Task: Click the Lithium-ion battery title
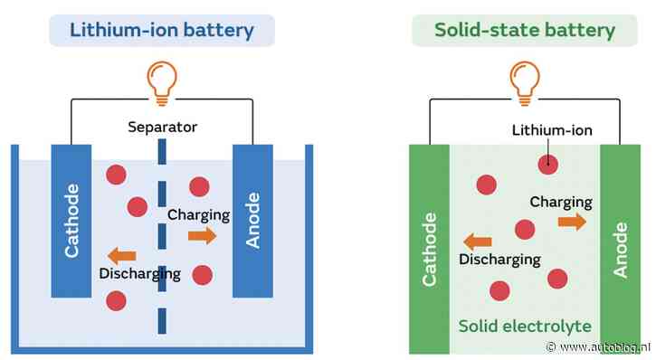point(162,31)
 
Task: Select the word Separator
point(162,128)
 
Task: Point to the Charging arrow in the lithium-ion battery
point(204,236)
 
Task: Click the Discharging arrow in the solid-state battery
point(478,241)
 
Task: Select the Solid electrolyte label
point(525,326)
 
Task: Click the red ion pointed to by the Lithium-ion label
point(546,164)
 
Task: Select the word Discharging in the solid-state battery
point(499,260)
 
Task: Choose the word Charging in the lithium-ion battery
point(199,215)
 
